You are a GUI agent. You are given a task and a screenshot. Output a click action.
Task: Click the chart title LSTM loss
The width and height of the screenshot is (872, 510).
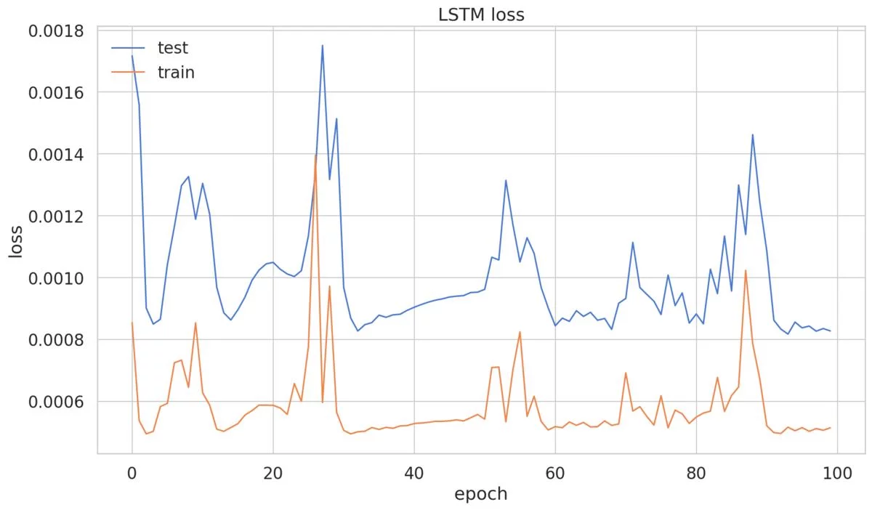click(x=481, y=15)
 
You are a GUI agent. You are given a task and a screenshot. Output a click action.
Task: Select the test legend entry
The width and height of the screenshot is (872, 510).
click(x=172, y=49)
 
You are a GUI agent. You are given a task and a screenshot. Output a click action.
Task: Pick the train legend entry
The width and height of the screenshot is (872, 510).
click(x=176, y=73)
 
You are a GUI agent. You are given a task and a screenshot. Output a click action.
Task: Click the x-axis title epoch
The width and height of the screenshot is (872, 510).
click(x=480, y=495)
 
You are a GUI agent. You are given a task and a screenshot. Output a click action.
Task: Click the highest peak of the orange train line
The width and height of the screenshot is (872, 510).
click(x=315, y=155)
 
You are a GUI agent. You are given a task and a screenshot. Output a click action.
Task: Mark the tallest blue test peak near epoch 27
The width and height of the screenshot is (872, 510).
click(x=322, y=46)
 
